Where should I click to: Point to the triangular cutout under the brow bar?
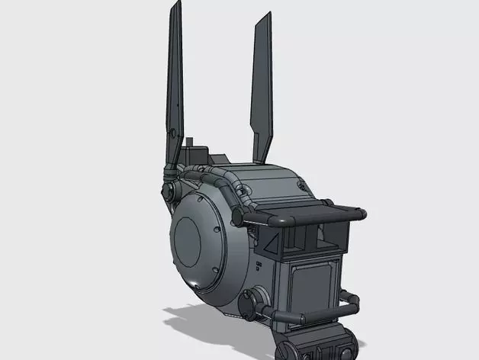[x=272, y=243]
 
